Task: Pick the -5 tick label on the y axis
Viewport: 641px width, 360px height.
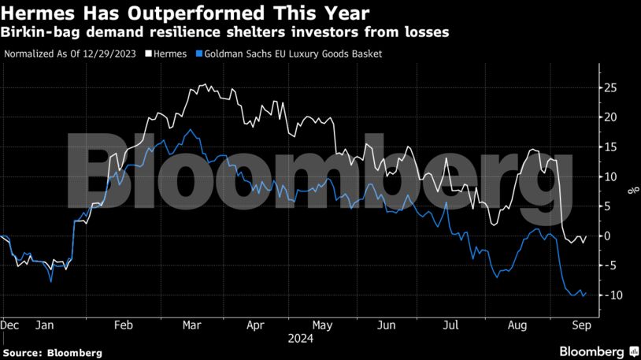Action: pyautogui.click(x=607, y=265)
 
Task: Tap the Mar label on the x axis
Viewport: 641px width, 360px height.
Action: pyautogui.click(x=192, y=325)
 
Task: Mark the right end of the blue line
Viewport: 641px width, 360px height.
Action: pyautogui.click(x=585, y=293)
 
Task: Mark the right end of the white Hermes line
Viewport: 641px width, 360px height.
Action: pyautogui.click(x=585, y=236)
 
